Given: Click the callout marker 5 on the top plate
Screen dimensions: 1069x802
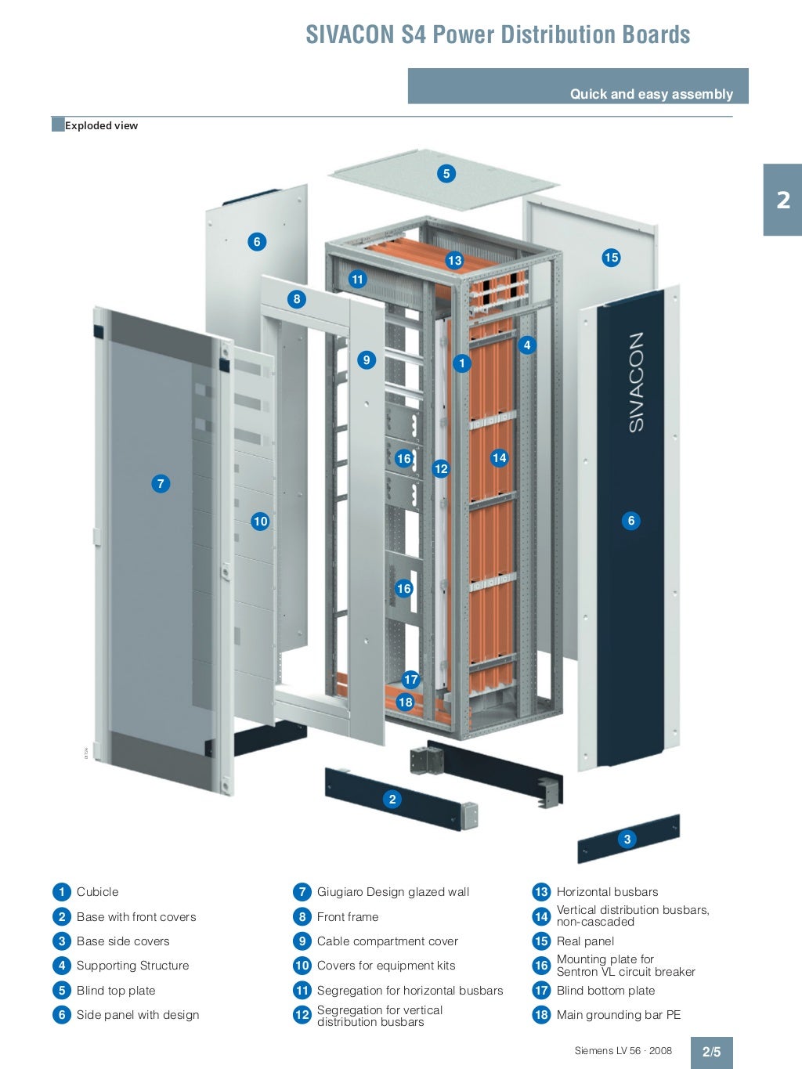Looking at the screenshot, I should (446, 174).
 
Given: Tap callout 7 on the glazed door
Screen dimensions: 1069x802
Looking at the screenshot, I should (161, 484).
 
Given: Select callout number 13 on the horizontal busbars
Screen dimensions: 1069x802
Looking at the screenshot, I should (455, 261).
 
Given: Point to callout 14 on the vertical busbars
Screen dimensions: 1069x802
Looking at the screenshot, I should (500, 458).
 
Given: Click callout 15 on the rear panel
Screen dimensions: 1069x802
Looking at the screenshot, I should (612, 258).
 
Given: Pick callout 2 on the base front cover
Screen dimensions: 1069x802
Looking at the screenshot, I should (392, 800).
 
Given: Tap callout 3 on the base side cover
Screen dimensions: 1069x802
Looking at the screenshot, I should (627, 840).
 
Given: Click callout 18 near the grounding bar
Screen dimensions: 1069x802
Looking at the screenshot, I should (405, 702).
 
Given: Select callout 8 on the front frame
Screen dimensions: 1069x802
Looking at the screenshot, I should (297, 299).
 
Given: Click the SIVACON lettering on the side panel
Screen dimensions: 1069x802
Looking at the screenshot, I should (636, 381).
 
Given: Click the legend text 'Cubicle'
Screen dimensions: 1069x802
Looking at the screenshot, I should (98, 892).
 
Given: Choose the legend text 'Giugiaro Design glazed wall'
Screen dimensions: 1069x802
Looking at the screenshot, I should (393, 892).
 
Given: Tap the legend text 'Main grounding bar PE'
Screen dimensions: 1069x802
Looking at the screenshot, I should (619, 1015).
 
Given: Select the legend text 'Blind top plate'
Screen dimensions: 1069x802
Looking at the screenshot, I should (116, 991).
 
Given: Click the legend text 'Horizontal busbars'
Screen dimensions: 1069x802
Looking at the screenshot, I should (607, 892).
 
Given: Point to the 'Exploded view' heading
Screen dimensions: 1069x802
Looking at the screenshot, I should (101, 125).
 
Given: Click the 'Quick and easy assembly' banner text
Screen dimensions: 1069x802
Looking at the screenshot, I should (651, 94).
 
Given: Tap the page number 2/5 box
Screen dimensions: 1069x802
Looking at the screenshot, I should (711, 1052).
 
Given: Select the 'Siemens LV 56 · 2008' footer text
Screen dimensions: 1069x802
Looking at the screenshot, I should (623, 1051).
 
